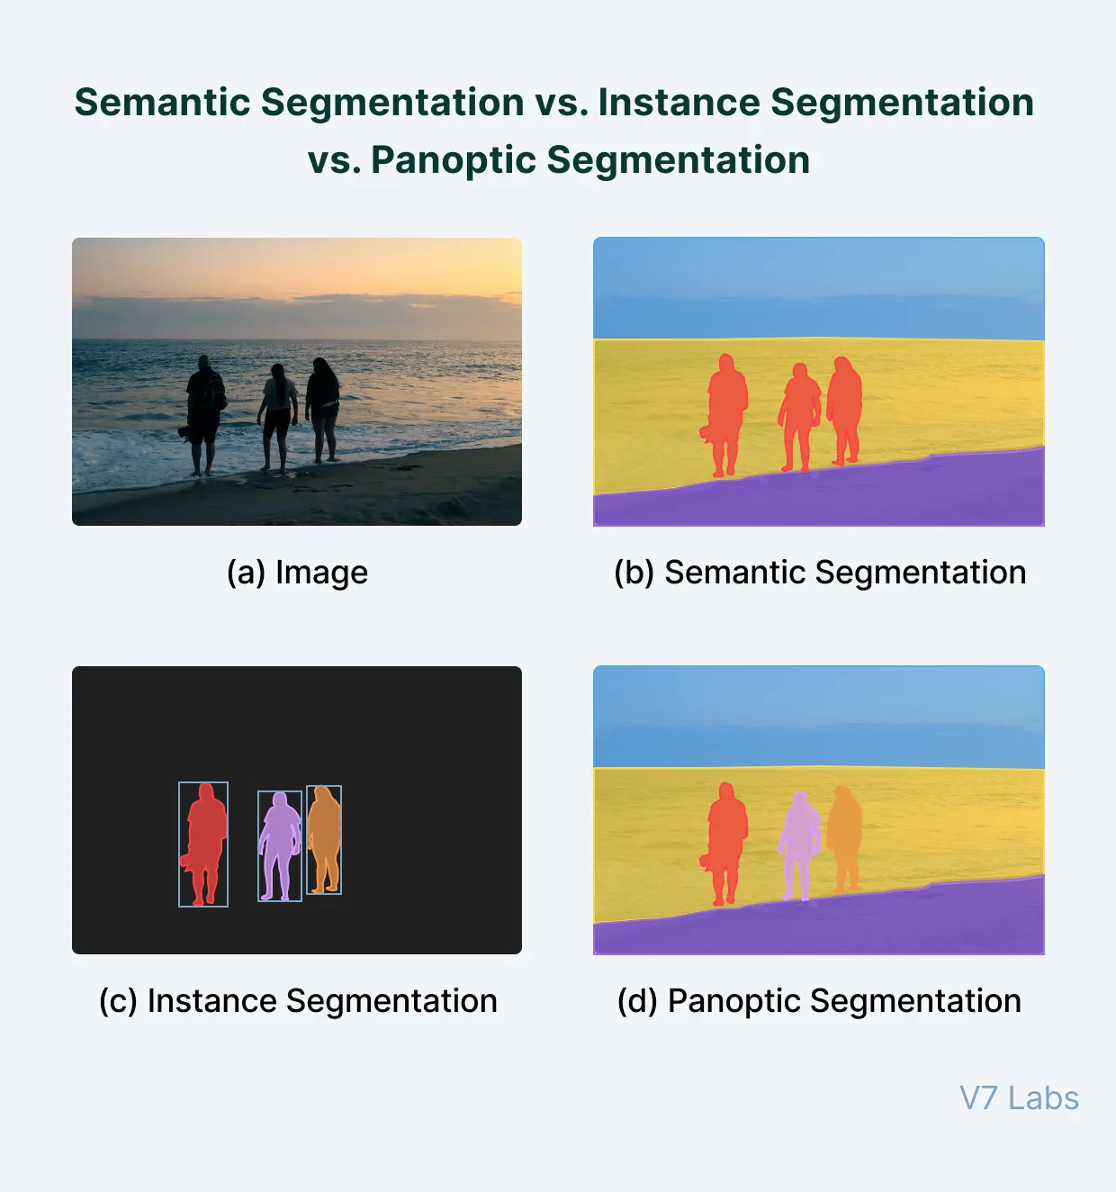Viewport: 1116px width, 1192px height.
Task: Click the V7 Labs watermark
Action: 1019,1098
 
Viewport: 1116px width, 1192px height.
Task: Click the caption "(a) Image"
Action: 297,573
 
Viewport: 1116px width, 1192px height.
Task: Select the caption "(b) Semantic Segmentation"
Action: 819,573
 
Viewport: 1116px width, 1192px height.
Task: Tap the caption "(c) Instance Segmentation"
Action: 297,1001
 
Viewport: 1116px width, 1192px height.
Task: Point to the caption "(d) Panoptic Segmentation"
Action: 819,1001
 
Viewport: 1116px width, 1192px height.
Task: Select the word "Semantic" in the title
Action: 164,103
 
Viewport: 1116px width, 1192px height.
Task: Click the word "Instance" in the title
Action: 679,103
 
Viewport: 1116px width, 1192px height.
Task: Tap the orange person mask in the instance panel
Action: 324,833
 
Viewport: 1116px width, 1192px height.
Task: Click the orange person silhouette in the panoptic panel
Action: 845,833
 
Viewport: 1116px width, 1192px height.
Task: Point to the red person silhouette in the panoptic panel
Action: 726,833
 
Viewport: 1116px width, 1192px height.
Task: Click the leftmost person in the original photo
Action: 205,405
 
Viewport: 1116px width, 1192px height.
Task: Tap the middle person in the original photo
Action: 278,410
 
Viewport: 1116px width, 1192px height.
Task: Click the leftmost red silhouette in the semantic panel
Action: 726,405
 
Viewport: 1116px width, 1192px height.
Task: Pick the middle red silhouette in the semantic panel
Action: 799,410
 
